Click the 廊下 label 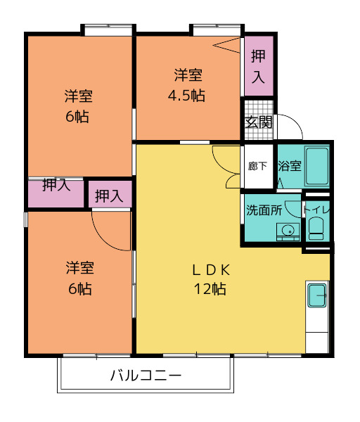click(257, 167)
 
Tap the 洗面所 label click(263, 210)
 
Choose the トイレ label click(316, 210)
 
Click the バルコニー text click(146, 376)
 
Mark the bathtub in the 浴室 click(317, 167)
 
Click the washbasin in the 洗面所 click(287, 231)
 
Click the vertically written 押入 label click(258, 68)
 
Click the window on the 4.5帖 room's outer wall click(215, 30)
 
